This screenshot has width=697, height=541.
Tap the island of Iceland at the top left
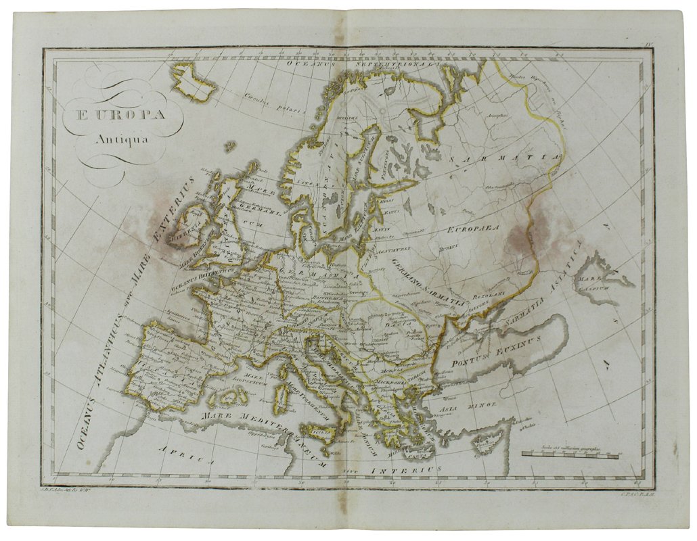(x=194, y=81)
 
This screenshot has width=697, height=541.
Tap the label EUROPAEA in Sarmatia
(x=472, y=229)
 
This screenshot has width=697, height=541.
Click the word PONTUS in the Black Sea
(x=466, y=361)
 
